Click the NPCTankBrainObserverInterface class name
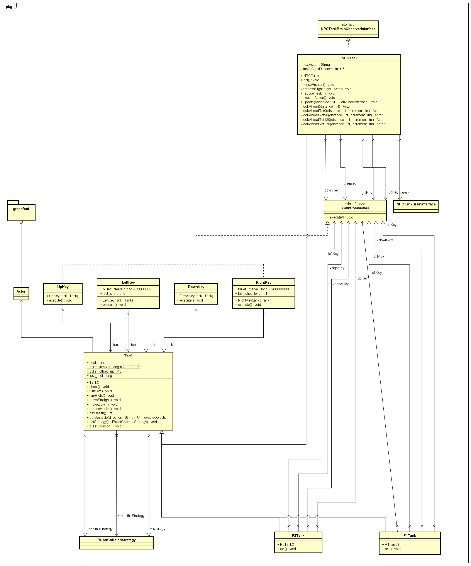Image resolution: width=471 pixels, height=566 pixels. (x=348, y=29)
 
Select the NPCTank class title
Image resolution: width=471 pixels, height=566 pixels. (x=349, y=58)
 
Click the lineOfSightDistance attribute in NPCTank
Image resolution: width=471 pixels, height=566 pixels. (x=322, y=69)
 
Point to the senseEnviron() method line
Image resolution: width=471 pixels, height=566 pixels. (x=317, y=85)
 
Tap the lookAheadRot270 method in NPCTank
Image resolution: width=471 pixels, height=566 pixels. (x=342, y=124)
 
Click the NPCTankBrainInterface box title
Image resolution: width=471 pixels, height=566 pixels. (x=416, y=204)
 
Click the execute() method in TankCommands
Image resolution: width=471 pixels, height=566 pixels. (x=340, y=217)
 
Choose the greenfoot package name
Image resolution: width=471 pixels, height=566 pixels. (x=21, y=209)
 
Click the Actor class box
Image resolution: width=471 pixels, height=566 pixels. (x=21, y=291)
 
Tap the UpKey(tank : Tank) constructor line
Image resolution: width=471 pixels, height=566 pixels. (x=62, y=296)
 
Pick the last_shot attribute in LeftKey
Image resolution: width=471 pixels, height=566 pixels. (x=116, y=294)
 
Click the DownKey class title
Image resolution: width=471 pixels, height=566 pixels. (x=196, y=287)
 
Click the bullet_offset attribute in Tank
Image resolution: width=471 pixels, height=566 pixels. (x=104, y=371)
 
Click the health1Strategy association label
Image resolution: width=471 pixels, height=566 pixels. (x=131, y=516)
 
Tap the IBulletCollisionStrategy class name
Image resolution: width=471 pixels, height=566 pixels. (x=116, y=540)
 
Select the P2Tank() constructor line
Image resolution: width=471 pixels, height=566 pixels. (x=286, y=544)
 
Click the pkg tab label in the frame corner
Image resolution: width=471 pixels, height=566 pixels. (x=9, y=7)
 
